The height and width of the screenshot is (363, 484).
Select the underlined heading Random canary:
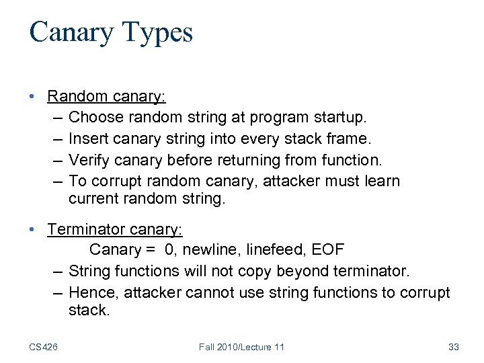tap(106, 96)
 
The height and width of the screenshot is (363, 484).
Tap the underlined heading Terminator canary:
tap(114, 229)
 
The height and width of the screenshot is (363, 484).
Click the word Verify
tap(87, 160)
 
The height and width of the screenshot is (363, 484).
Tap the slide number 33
tap(453, 347)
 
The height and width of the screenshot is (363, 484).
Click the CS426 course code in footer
tap(43, 347)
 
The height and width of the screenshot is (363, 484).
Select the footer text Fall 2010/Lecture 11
tap(241, 347)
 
